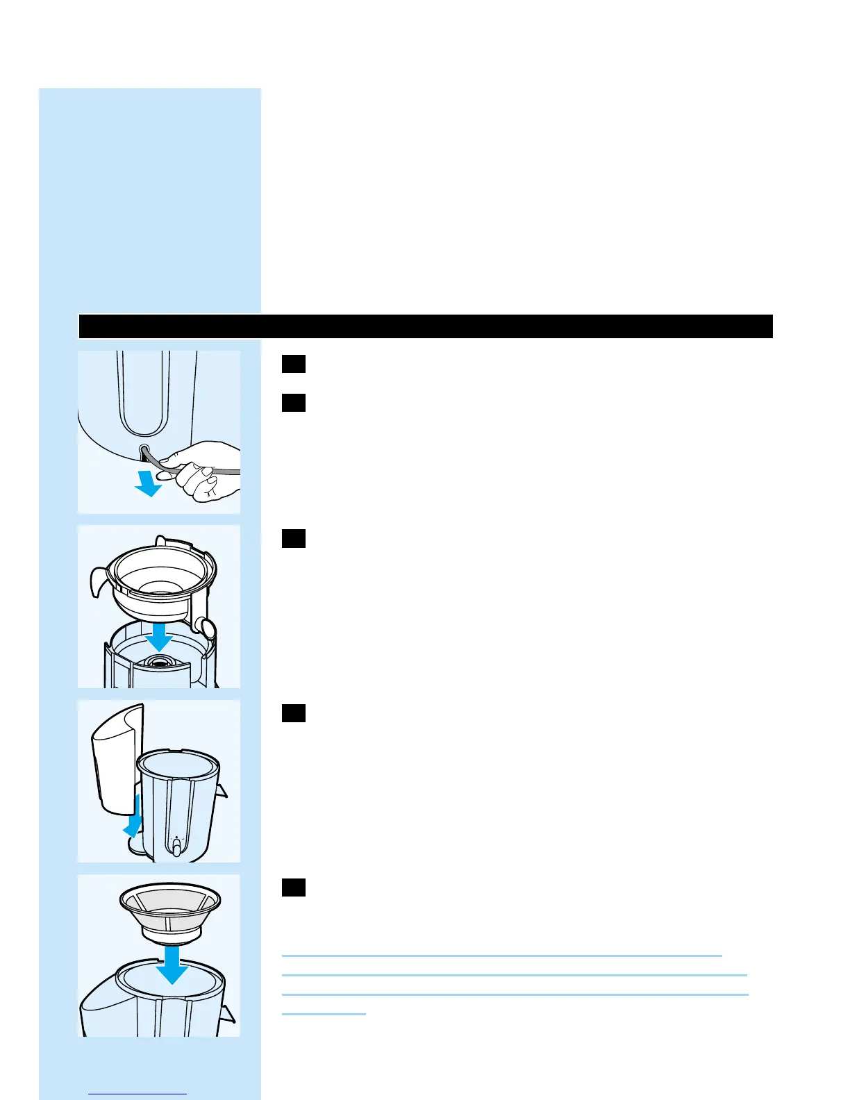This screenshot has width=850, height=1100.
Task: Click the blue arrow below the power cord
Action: [x=148, y=484]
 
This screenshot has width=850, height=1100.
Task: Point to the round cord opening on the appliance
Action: [x=144, y=450]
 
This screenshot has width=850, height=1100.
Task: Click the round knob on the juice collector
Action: [x=206, y=626]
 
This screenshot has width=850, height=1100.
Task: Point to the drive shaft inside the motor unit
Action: [x=159, y=662]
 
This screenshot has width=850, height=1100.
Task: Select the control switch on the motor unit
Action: [x=176, y=847]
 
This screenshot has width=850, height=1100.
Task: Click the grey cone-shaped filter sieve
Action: [x=170, y=910]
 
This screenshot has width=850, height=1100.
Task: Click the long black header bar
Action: [x=425, y=326]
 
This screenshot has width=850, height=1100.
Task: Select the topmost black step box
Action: [x=294, y=364]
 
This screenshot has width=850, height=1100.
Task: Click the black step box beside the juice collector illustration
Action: [x=294, y=538]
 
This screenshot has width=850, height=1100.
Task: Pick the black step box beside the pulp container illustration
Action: [x=294, y=713]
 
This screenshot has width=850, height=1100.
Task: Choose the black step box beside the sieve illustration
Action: [x=294, y=887]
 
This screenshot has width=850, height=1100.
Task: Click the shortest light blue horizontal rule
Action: [x=324, y=1015]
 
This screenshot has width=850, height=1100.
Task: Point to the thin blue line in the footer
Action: [x=138, y=1094]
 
